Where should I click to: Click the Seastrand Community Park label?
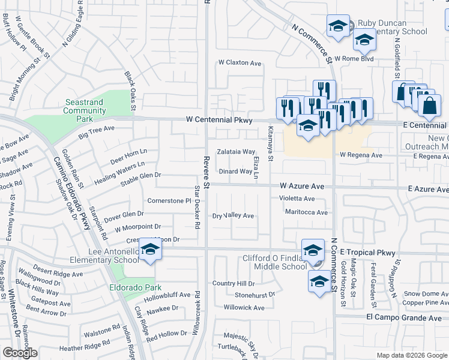coord(85,106)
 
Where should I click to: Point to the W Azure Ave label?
coord(302,187)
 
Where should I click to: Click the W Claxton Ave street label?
coord(240,63)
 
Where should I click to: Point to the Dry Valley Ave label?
coord(234,215)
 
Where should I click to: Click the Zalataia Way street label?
coord(236,152)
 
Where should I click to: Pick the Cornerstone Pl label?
coord(169,200)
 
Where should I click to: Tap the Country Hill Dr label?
coord(234,283)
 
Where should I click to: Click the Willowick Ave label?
coord(244,308)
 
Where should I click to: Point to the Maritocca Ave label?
coord(306,212)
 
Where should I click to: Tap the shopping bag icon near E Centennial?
coord(430,106)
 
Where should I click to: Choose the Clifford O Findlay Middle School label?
coord(274,262)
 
